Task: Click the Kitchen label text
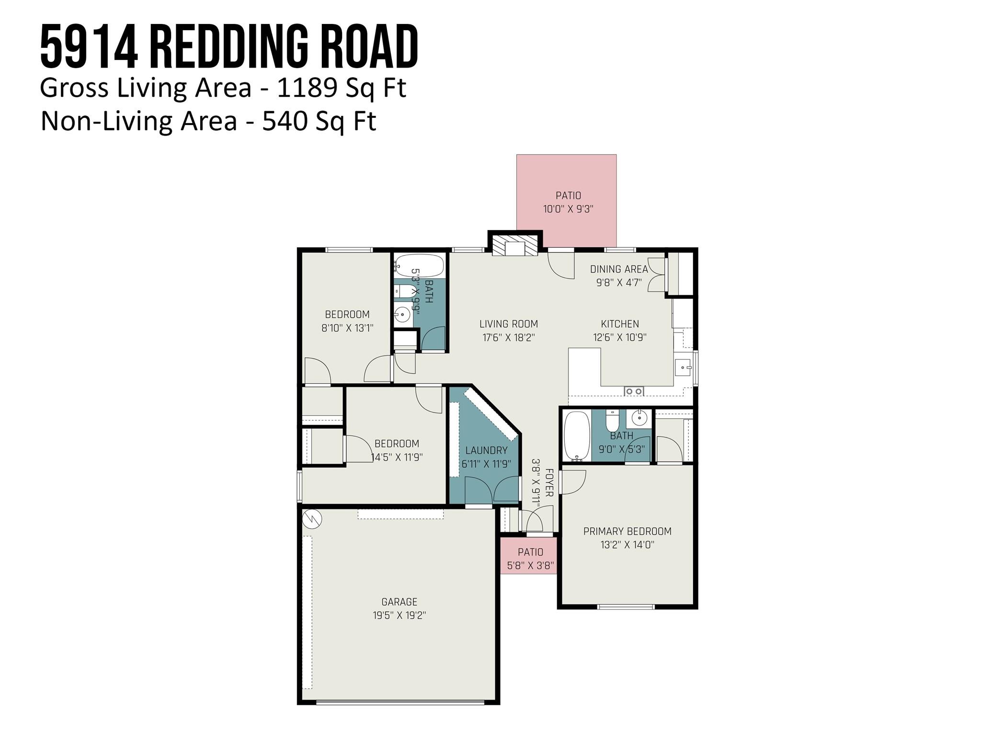(x=620, y=324)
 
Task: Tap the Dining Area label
(x=619, y=269)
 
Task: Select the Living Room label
(x=508, y=324)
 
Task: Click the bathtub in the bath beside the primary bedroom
(x=577, y=436)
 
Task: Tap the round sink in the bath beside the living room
(x=402, y=315)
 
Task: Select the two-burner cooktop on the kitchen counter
(x=634, y=391)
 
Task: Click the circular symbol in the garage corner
(x=312, y=518)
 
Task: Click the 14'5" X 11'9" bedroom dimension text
(x=397, y=457)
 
